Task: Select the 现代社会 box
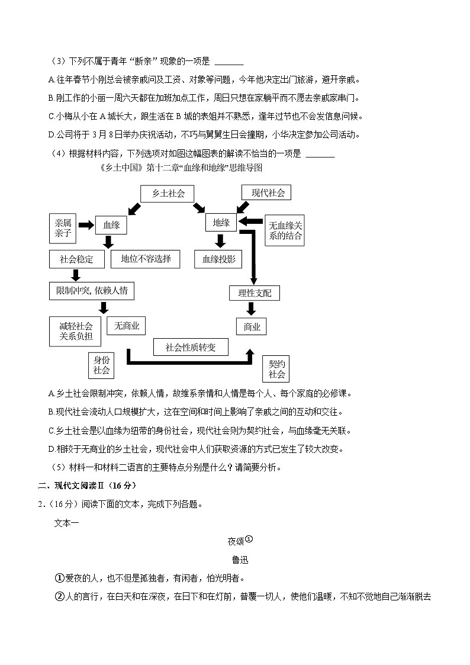[x=266, y=192]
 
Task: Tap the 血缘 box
[x=111, y=225]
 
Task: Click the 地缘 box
[x=221, y=222]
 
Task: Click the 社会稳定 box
[x=76, y=259]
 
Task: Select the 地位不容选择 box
[x=146, y=259]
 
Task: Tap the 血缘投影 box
[x=218, y=259]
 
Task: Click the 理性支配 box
[x=255, y=293]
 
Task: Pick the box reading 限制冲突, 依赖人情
[x=92, y=291]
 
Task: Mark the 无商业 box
[x=127, y=325]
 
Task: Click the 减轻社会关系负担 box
[x=76, y=331]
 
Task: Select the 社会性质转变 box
[x=191, y=347]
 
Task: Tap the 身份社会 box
[x=101, y=365]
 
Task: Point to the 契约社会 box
[x=276, y=368]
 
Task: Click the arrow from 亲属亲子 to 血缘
[x=86, y=225]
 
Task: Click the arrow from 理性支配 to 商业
[x=251, y=309]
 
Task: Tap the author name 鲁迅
[x=240, y=560]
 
